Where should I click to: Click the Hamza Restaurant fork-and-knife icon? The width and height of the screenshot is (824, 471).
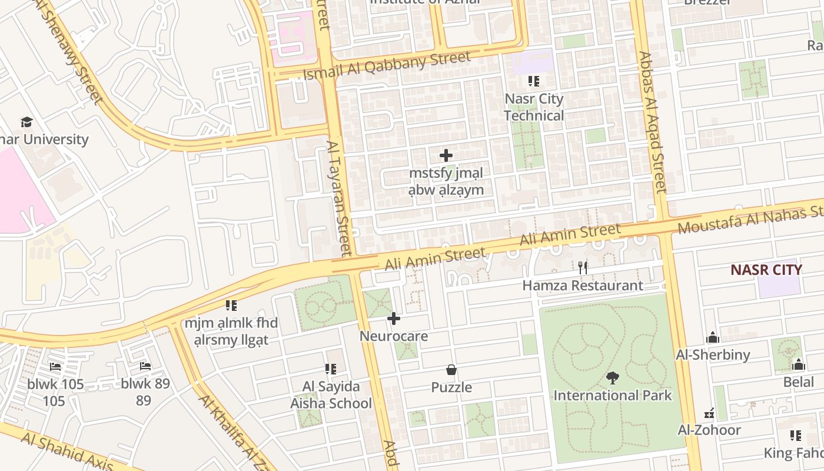coord(583,267)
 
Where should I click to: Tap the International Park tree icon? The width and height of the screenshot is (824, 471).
coord(612,377)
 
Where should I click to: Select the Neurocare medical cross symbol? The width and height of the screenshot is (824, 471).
coord(394,319)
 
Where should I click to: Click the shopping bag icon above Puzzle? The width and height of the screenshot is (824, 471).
coord(451,370)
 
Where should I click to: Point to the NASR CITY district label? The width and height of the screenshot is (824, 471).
coord(766,270)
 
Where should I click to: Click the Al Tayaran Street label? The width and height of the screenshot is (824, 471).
coord(340,197)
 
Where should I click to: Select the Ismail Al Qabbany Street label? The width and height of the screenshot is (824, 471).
coord(387,66)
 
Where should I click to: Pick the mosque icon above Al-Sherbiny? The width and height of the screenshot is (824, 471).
coord(713,337)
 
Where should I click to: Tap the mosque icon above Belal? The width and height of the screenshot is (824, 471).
coord(798,364)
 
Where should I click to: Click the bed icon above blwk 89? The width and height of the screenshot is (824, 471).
coord(145,366)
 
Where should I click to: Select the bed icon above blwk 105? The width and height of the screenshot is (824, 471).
coord(55,367)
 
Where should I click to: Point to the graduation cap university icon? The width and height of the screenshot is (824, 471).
coord(26,122)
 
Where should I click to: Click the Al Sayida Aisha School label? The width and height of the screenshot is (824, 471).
coord(331,395)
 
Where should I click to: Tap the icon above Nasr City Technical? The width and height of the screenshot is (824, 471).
coord(534,81)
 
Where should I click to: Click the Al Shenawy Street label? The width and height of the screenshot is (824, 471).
coord(74,53)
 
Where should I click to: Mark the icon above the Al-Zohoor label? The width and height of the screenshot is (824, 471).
coord(709,413)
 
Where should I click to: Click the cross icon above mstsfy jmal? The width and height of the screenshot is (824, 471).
coord(446,156)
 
